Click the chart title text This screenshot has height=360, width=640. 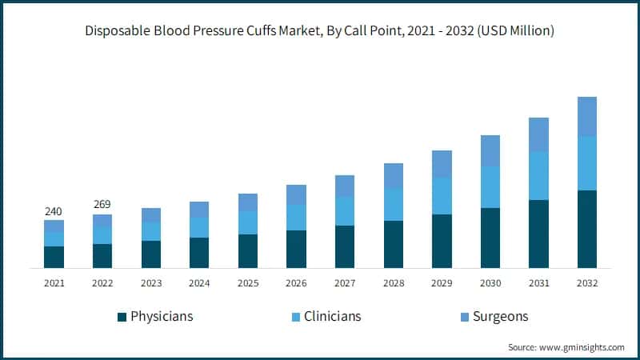[x=320, y=31]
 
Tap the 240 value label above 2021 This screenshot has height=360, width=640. [x=54, y=211]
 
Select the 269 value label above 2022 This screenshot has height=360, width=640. [x=102, y=205]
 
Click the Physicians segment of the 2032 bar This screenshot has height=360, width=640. [x=587, y=229]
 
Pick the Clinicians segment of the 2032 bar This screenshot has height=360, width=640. [x=587, y=163]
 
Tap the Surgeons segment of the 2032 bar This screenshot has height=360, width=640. [x=587, y=117]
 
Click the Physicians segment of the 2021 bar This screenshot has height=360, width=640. [x=54, y=257]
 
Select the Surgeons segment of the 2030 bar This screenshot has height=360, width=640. [x=490, y=151]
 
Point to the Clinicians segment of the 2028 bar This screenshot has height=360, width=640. [x=394, y=205]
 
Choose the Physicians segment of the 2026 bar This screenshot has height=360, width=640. [x=296, y=249]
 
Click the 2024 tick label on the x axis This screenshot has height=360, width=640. [x=199, y=283]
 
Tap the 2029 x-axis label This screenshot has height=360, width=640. [x=442, y=283]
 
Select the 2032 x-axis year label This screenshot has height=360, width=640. [x=587, y=283]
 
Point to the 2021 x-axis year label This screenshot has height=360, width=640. [x=54, y=283]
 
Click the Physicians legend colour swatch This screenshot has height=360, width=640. [x=122, y=317]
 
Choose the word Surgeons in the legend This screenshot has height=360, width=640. [x=500, y=316]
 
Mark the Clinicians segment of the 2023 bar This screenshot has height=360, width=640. [x=151, y=231]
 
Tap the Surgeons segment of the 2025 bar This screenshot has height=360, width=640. [x=248, y=202]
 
